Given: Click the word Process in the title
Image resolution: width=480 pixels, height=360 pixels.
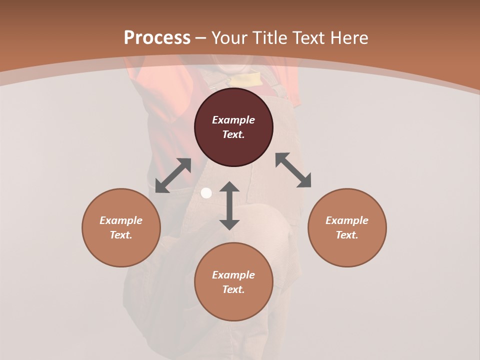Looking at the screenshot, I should click(157, 38).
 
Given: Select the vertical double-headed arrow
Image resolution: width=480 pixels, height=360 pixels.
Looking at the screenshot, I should click(229, 205).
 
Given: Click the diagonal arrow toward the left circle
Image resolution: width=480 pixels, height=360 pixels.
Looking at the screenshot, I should click(173, 175).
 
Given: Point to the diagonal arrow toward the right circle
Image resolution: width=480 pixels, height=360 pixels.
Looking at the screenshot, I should click(293, 170).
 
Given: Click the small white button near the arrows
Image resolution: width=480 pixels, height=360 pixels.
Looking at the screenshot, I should click(206, 193).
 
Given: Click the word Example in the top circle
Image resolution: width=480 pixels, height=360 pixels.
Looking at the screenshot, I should click(233, 120).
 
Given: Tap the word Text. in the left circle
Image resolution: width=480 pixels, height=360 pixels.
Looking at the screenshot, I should click(121, 235).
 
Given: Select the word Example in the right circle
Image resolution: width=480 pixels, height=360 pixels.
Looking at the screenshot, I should click(347, 220).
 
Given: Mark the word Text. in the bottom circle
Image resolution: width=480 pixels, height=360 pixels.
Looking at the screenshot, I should click(233, 289).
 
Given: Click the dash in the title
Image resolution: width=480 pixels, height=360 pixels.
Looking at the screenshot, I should click(201, 38).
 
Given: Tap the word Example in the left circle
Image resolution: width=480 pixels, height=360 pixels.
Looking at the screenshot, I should click(121, 220).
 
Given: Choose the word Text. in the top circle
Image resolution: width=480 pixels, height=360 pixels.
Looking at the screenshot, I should click(233, 134).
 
